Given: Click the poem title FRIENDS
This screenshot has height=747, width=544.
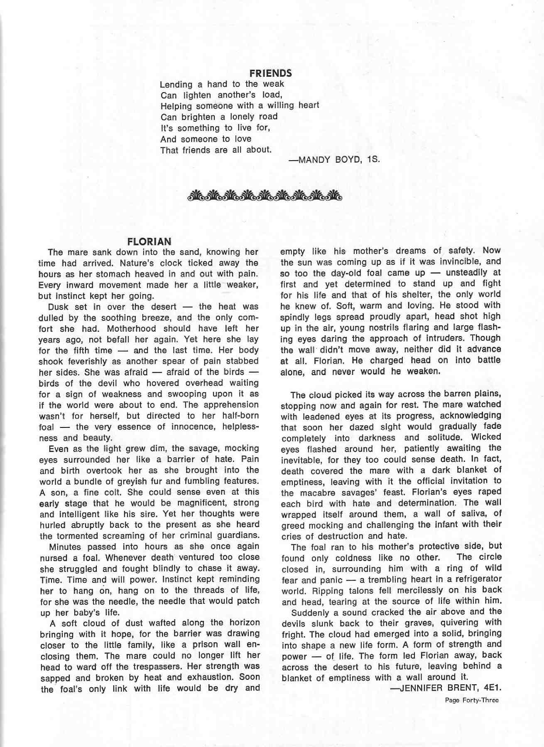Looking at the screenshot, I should click(x=270, y=73).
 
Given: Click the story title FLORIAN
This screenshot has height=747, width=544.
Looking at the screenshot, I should click(x=149, y=242).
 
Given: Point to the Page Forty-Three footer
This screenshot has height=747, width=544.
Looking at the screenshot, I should click(x=471, y=700).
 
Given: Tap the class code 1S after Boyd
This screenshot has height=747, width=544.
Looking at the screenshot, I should click(x=372, y=160).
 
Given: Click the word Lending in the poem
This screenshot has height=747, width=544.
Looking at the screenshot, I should click(x=176, y=85).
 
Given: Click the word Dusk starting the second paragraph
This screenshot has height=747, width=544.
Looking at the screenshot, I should click(x=59, y=307).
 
